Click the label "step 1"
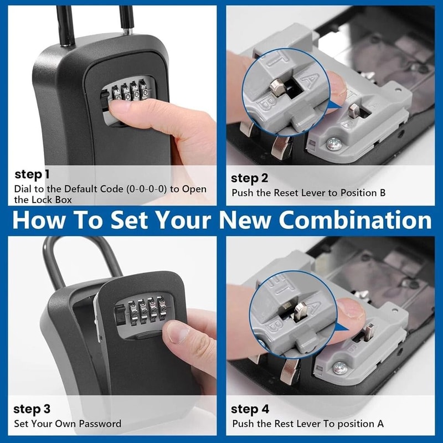tap(32, 175)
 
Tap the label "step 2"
tap(249, 178)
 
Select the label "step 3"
tap(32, 409)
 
